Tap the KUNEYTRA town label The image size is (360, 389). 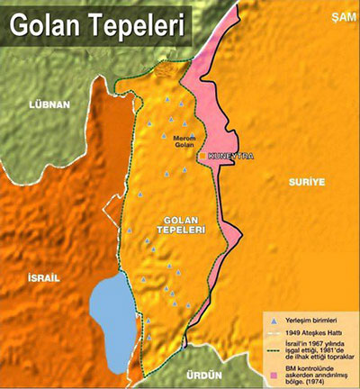(230, 156)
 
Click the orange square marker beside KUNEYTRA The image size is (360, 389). (203, 156)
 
